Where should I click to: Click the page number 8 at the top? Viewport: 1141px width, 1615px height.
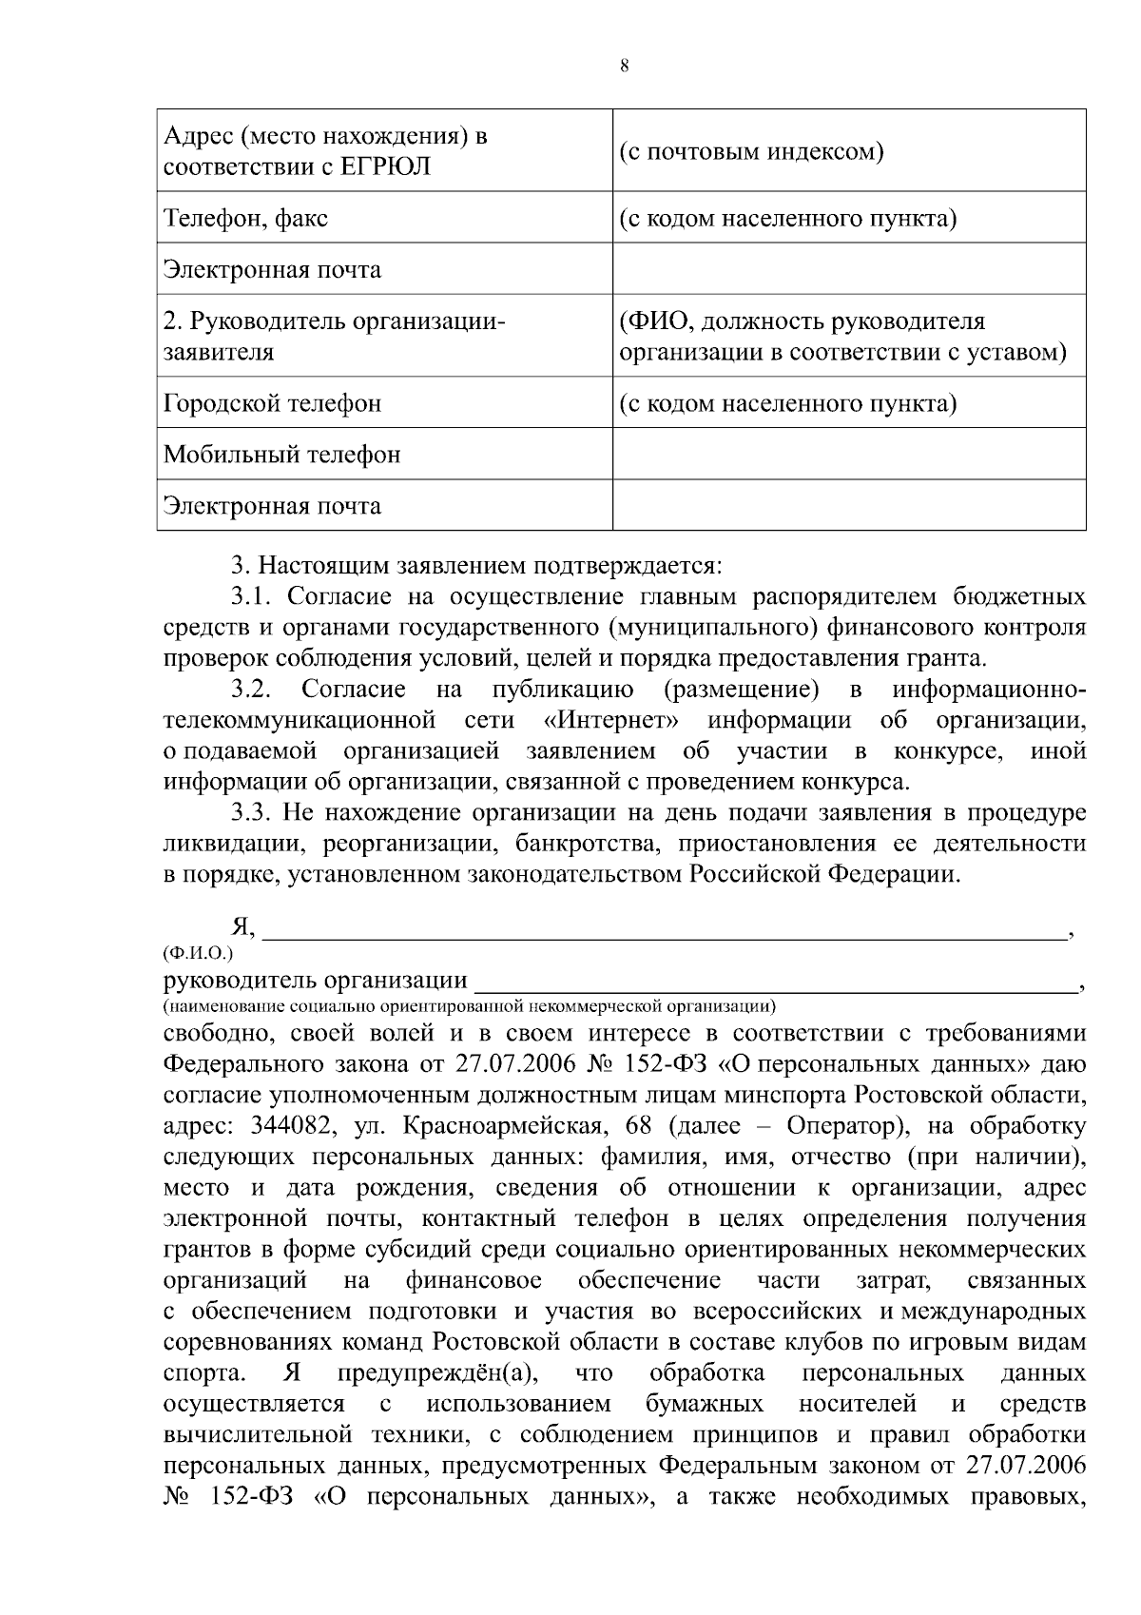tap(623, 66)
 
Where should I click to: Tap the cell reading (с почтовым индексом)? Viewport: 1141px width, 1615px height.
tap(751, 151)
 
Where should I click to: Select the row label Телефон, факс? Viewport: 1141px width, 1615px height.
tap(246, 218)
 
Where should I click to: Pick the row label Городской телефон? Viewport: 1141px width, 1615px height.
tap(273, 403)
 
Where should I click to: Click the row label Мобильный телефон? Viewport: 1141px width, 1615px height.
tap(282, 454)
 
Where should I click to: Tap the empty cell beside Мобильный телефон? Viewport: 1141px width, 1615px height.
tap(848, 454)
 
